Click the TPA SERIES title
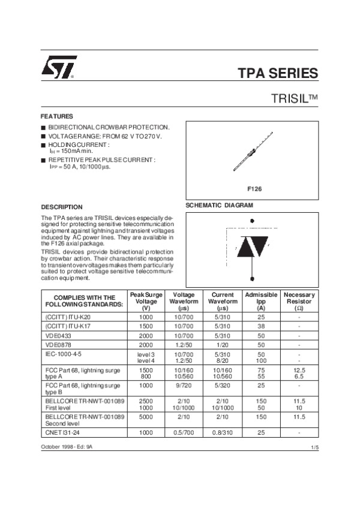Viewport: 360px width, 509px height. [278, 74]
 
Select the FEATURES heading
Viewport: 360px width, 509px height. [56, 116]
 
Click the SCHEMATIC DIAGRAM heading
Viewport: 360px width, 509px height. [220, 205]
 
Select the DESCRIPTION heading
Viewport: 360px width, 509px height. [61, 207]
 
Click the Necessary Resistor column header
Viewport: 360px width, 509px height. [299, 300]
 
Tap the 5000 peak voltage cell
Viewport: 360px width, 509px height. [146, 416]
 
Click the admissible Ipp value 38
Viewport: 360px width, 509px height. [261, 326]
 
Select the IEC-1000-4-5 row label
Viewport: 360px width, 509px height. [67, 354]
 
